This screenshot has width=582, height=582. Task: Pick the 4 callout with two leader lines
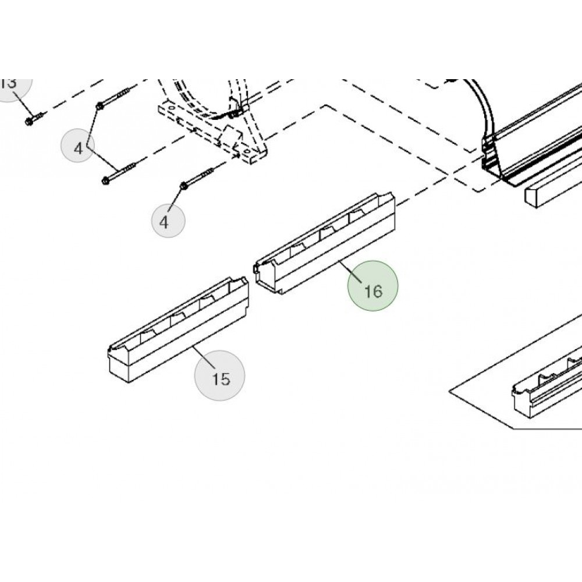[79, 148]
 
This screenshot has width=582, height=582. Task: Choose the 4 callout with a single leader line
[168, 221]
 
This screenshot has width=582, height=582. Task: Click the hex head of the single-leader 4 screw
[183, 186]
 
